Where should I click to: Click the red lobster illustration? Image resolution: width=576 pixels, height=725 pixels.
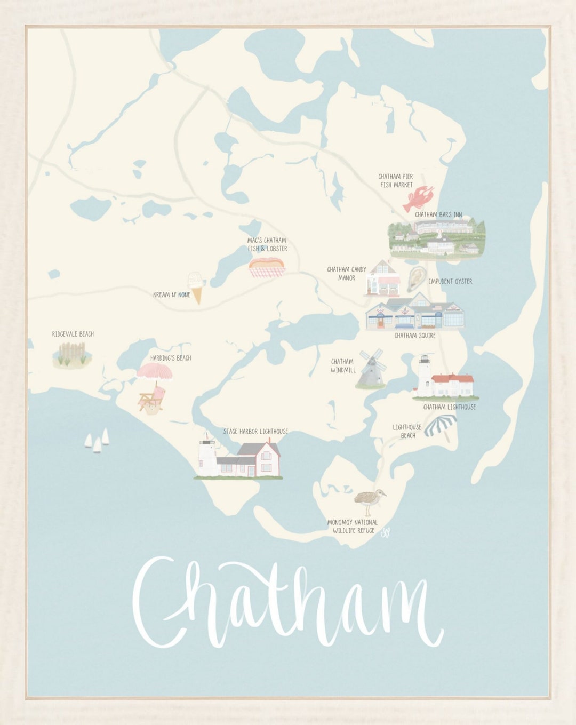pyautogui.click(x=418, y=198)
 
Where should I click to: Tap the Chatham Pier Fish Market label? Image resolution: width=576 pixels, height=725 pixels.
pyautogui.click(x=396, y=180)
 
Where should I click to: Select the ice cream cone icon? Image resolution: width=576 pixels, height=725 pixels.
pyautogui.click(x=196, y=287)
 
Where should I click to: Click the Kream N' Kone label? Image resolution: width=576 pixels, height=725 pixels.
pyautogui.click(x=171, y=294)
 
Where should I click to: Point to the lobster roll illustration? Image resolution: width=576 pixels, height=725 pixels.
pyautogui.click(x=267, y=266)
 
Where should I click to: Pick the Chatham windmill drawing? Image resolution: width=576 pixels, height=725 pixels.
pyautogui.click(x=371, y=369)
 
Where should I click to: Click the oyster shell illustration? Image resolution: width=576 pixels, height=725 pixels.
pyautogui.click(x=416, y=278)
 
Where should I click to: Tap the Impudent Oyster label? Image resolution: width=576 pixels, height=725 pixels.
pyautogui.click(x=450, y=281)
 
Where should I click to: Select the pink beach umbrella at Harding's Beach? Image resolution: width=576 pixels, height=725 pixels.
pyautogui.click(x=154, y=371)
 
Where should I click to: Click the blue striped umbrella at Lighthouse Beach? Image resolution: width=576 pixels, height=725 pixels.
pyautogui.click(x=441, y=424)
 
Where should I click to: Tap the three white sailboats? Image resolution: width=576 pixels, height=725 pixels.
pyautogui.click(x=97, y=441)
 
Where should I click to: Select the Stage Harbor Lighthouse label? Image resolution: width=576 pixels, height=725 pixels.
pyautogui.click(x=255, y=431)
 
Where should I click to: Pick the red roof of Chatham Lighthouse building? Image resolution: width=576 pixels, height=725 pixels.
pyautogui.click(x=452, y=379)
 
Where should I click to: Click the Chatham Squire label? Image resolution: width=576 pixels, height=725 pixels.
pyautogui.click(x=415, y=336)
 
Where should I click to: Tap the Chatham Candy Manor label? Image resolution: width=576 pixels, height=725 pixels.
pyautogui.click(x=347, y=274)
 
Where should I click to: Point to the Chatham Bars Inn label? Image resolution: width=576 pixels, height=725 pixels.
pyautogui.click(x=438, y=214)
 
